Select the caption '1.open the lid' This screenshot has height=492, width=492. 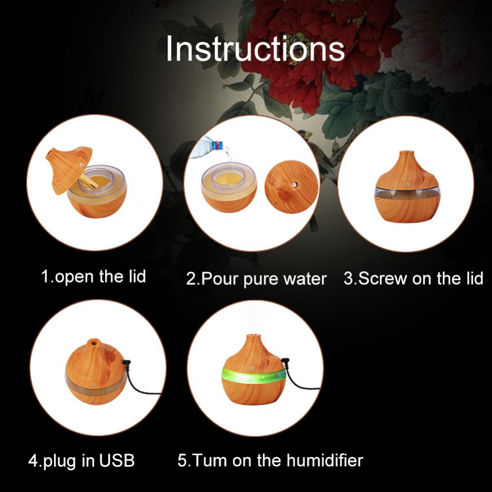(x=93, y=276)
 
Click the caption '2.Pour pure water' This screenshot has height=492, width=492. (x=256, y=279)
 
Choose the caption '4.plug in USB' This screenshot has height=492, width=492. (x=81, y=461)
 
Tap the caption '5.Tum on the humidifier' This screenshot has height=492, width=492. (x=270, y=461)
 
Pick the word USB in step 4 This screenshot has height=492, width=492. (x=117, y=461)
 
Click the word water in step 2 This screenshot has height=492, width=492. (x=306, y=279)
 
